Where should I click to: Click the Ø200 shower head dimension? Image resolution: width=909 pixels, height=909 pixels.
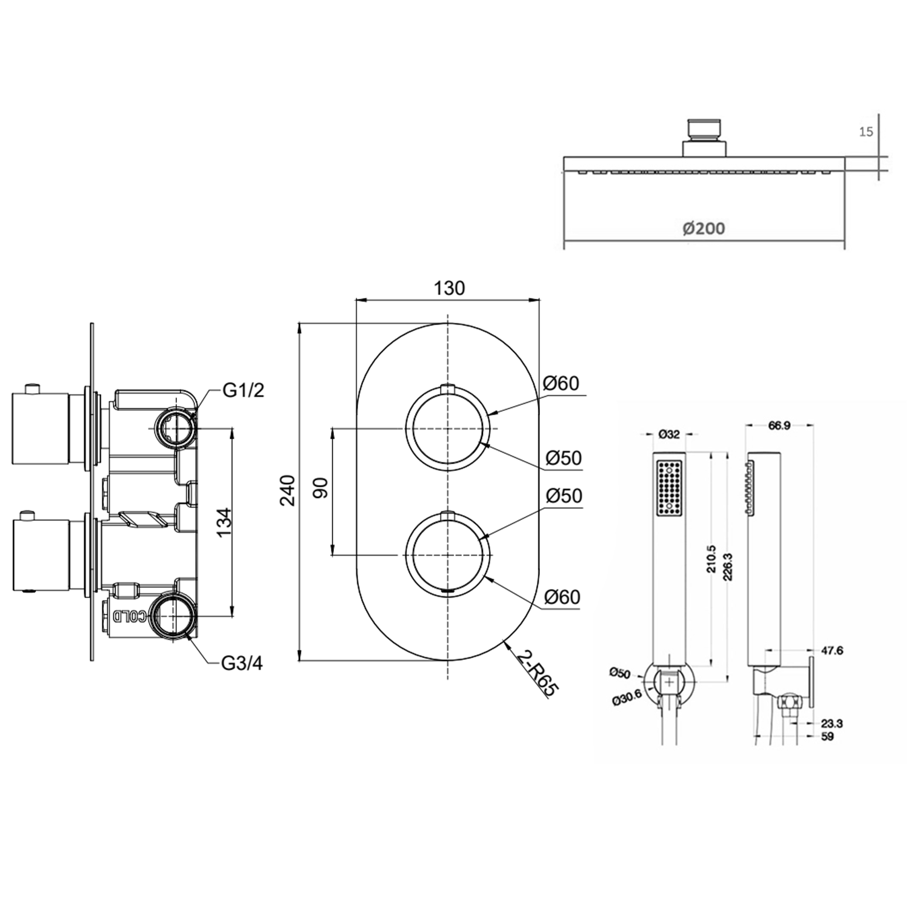click(x=703, y=228)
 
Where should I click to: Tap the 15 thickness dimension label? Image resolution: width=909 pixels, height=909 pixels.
click(x=866, y=132)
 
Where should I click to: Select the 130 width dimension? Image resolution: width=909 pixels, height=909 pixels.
click(x=449, y=288)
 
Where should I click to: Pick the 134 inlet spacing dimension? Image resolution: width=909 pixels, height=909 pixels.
click(x=224, y=522)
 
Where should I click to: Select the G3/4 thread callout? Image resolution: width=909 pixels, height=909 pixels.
click(x=242, y=664)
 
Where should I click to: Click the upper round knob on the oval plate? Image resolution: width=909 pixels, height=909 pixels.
click(x=447, y=428)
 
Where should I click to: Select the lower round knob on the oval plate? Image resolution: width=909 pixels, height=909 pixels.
click(x=447, y=554)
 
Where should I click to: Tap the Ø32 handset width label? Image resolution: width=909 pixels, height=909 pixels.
click(x=669, y=435)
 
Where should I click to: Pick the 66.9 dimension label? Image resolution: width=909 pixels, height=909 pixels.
click(x=779, y=426)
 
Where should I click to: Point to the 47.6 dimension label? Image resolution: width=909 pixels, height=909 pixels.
click(x=831, y=651)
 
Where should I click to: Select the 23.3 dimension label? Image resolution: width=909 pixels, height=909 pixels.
click(x=831, y=724)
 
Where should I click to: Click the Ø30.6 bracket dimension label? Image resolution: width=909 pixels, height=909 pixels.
click(x=627, y=699)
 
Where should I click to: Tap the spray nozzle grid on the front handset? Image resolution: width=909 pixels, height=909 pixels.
click(x=669, y=488)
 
